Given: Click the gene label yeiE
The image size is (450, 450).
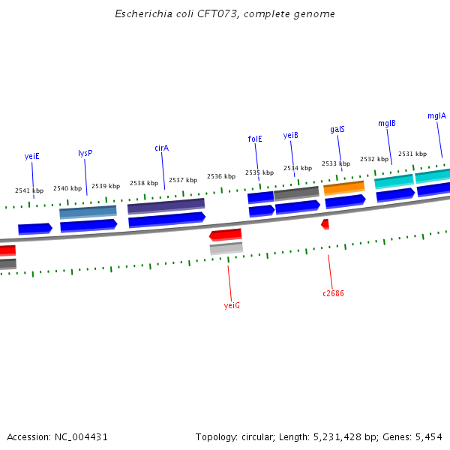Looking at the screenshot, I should (31, 157).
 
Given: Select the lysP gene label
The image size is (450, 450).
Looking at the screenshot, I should (85, 153).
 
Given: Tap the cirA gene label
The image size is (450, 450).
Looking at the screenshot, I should (162, 148).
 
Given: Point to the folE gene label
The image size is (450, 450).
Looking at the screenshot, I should (255, 139).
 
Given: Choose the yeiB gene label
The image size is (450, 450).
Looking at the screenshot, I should (291, 135).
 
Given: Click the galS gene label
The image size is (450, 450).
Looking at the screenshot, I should (337, 129).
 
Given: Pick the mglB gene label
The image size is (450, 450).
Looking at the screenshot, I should (387, 123).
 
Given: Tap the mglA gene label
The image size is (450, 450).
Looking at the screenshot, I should (436, 116).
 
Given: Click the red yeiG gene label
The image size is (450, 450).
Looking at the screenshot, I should (232, 305).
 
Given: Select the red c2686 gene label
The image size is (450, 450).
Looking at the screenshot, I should (333, 293).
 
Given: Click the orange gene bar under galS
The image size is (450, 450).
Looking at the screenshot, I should (343, 187).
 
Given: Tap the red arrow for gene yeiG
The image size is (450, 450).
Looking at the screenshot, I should (226, 235).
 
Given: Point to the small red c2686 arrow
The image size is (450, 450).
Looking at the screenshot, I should (325, 223).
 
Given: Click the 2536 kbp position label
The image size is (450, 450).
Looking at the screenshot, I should (221, 177).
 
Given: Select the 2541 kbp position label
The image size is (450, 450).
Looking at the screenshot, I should (29, 191).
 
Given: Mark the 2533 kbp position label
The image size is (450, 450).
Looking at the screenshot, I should (336, 163).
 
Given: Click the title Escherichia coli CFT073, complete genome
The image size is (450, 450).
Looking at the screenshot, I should (225, 14).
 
